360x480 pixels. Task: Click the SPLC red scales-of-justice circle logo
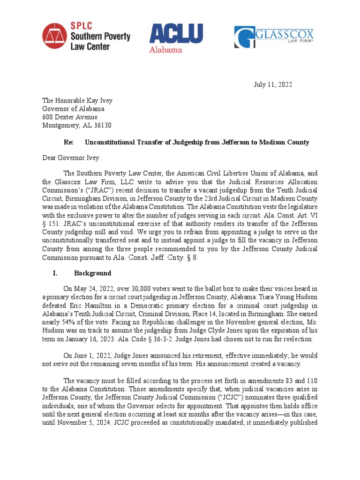[54, 37]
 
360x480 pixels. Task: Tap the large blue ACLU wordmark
[176, 34]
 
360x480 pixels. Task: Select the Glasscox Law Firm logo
[274, 37]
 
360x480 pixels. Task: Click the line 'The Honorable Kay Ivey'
[77, 100]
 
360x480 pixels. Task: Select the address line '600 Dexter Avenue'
[70, 117]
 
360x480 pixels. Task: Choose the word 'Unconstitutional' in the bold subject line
[110, 142]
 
